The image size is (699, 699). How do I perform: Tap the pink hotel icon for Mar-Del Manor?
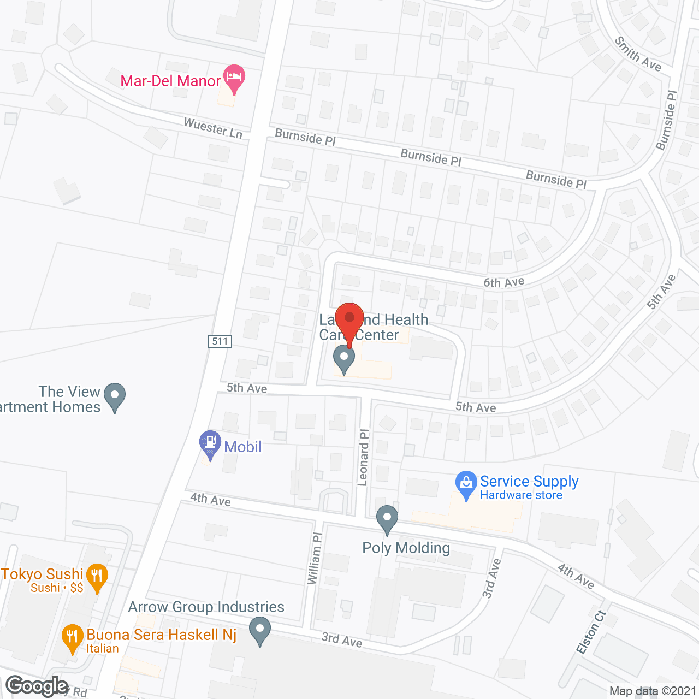coord(234,78)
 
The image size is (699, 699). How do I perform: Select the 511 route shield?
coord(220,341)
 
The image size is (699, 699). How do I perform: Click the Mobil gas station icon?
coord(210,443)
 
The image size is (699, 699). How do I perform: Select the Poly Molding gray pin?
coord(387,519)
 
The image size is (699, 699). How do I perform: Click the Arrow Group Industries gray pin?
coord(260,630)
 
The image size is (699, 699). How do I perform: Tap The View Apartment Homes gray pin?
coord(115,396)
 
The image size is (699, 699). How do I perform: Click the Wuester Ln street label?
coord(213,128)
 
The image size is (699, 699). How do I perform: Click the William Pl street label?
coord(315,558)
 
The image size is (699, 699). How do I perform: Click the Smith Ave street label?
coord(638,54)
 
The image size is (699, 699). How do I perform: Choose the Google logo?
coord(37,685)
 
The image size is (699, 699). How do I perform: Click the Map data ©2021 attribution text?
coord(653,691)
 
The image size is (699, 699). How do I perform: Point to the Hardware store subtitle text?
coord(521,495)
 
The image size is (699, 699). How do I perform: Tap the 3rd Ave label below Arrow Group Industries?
coord(342,639)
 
